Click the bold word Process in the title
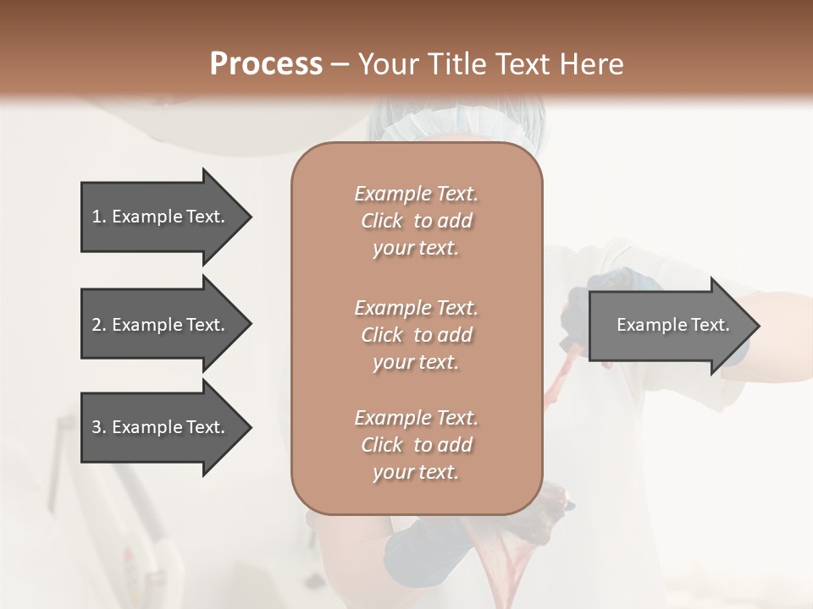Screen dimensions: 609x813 [x=266, y=64]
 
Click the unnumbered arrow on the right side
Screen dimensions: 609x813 [x=672, y=325]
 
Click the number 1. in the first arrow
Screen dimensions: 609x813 [x=99, y=217]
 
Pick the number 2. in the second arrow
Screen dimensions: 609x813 [x=99, y=325]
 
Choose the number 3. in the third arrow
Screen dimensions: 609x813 [x=99, y=427]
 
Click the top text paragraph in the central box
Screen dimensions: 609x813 [x=416, y=221]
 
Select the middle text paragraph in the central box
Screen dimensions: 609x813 [x=416, y=335]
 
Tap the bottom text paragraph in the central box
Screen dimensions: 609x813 [x=416, y=445]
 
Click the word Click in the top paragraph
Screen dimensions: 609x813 [x=382, y=221]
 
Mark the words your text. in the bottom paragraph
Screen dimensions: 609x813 [x=416, y=472]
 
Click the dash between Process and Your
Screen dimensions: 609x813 [x=340, y=64]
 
